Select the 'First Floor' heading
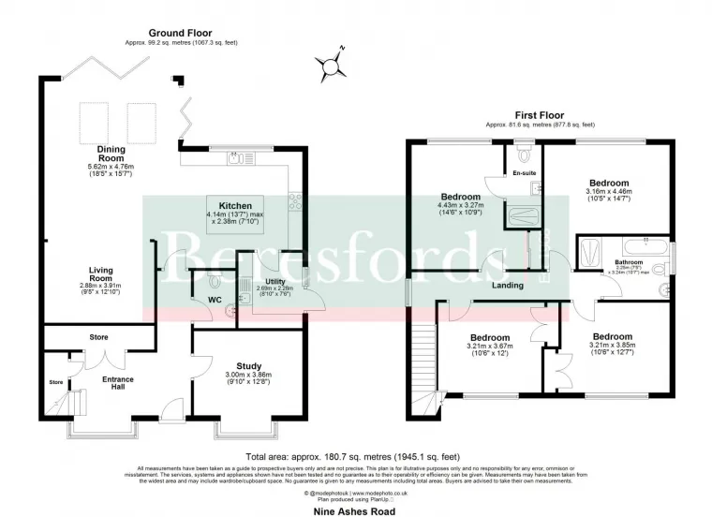540,113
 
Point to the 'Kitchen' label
235,205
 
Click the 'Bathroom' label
628,262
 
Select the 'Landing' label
507,285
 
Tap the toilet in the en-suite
522,149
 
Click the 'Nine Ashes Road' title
355,511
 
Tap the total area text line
355,456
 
